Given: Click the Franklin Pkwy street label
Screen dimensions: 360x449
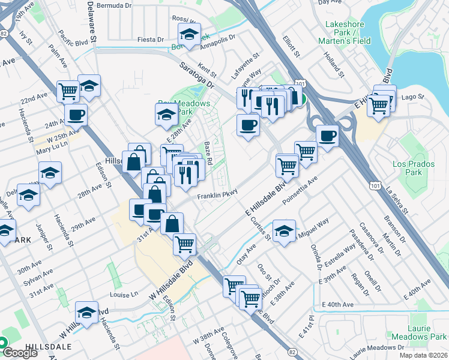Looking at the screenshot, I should tap(217, 195).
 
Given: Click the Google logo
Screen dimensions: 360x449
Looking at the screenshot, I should tap(19, 353).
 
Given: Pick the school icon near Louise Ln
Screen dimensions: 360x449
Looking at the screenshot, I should tap(87, 313).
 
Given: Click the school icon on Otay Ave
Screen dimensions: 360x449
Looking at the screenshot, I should tap(283, 231).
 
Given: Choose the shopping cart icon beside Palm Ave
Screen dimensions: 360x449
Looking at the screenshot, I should tap(68, 91).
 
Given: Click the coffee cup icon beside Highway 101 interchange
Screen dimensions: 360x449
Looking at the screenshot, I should tap(327, 136).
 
